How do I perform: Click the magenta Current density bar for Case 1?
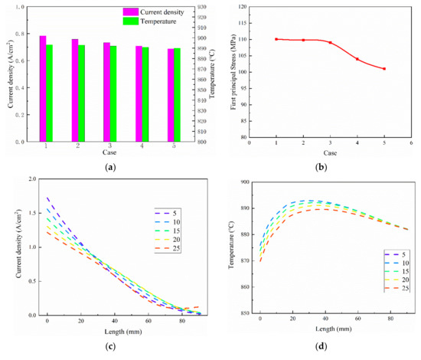coord(42,89)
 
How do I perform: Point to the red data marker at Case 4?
coord(357,59)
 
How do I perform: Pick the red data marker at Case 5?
coord(383,69)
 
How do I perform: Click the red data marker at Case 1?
coord(276,39)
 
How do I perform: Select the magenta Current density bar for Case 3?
coord(106,92)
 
